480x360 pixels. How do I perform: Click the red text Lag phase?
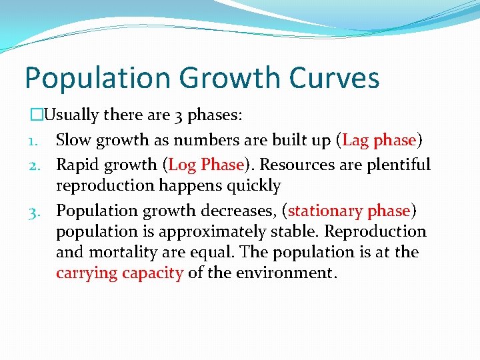click(x=379, y=140)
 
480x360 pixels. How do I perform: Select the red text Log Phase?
click(x=207, y=164)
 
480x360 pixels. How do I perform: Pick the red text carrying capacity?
click(x=119, y=273)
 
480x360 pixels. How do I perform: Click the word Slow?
click(x=73, y=140)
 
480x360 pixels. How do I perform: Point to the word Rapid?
click(x=77, y=164)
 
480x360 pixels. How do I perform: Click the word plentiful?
click(x=397, y=164)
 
